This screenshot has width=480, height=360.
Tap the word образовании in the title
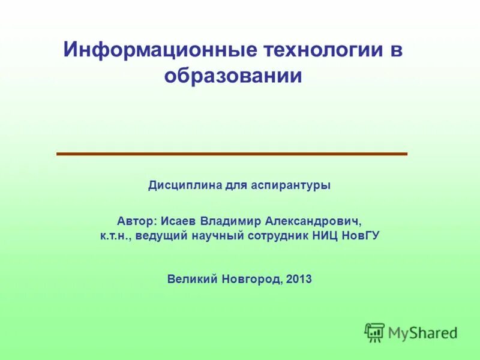232,77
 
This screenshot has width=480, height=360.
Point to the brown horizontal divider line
232,154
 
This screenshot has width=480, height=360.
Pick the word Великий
193,279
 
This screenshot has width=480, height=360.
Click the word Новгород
252,279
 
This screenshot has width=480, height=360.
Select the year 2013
299,279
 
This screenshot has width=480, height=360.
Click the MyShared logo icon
374,332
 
